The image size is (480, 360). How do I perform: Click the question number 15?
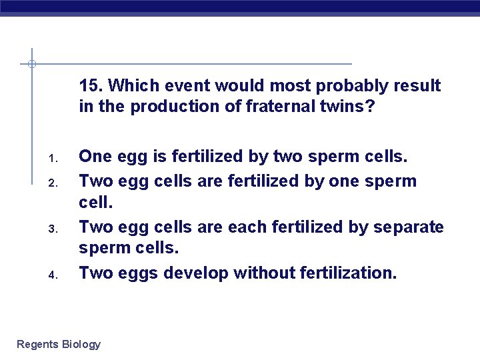tap(90, 86)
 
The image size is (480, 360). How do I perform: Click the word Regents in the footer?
tap(37, 345)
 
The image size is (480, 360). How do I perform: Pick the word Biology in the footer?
tap(81, 345)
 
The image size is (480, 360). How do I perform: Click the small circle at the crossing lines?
tap(31, 65)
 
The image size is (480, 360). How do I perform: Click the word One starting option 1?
tap(95, 156)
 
